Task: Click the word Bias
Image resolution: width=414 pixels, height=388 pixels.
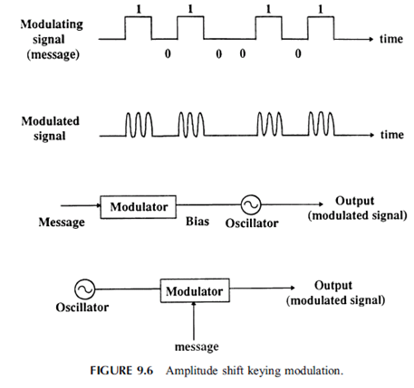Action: click(x=197, y=221)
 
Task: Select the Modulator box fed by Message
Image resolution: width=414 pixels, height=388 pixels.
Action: click(x=139, y=207)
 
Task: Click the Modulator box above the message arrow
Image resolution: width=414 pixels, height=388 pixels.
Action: click(x=195, y=290)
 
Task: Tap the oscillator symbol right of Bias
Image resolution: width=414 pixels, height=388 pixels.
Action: click(x=251, y=204)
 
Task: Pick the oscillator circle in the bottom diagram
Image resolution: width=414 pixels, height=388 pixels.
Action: click(x=84, y=289)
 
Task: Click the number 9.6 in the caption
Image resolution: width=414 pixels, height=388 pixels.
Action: click(x=145, y=371)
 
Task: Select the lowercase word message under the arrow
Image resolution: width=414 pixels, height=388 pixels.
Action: click(x=197, y=346)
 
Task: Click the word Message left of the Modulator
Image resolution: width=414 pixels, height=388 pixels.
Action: click(x=62, y=222)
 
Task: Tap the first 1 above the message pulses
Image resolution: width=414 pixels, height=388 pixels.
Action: click(x=139, y=9)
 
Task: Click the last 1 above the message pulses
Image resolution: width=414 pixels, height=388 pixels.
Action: click(x=321, y=9)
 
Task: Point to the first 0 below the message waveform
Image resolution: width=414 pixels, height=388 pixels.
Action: click(x=168, y=53)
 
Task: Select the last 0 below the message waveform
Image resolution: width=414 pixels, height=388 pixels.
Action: click(x=298, y=53)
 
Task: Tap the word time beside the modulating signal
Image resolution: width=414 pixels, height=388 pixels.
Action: click(x=391, y=39)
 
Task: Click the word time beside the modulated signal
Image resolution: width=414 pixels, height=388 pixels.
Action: click(x=392, y=135)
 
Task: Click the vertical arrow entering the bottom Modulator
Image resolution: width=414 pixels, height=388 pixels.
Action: click(x=194, y=321)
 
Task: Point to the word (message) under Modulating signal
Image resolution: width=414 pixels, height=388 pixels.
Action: click(x=53, y=54)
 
